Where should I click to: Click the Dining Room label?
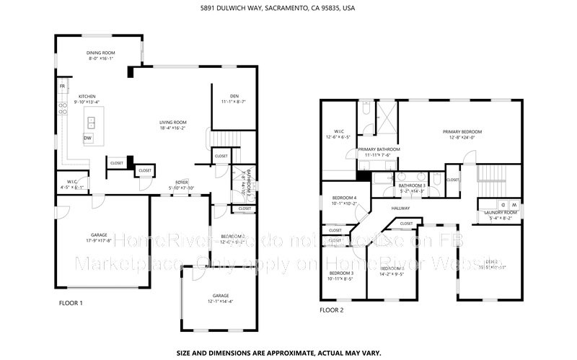click(101, 53)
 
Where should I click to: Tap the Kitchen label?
click(87, 96)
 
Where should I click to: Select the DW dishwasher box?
click(87, 137)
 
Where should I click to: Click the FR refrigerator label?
click(62, 87)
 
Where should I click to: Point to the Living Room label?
click(173, 122)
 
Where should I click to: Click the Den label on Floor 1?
click(234, 96)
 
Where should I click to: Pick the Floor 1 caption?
click(71, 304)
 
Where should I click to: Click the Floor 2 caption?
click(332, 310)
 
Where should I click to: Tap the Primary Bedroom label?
click(462, 131)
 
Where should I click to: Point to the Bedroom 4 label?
click(344, 198)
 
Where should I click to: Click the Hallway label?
click(400, 208)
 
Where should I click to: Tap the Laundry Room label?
click(501, 212)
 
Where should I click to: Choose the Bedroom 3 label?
click(342, 273)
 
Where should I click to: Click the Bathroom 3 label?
click(413, 185)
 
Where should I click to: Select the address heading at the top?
click(288, 9)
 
